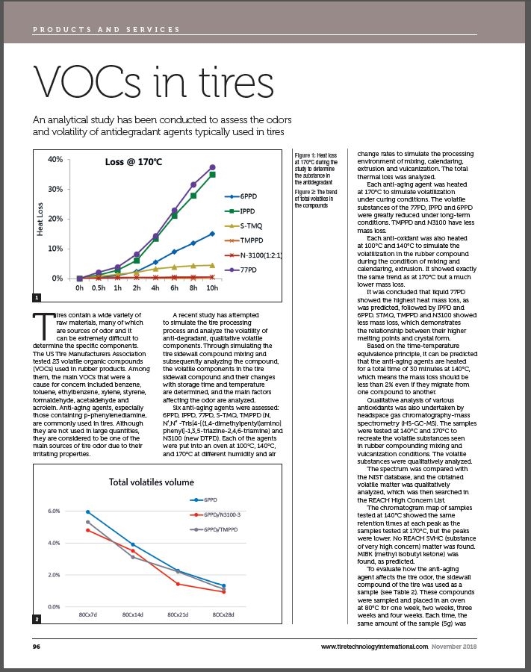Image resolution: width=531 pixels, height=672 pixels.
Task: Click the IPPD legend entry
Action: (246, 211)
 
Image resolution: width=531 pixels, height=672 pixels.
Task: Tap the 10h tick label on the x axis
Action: (213, 287)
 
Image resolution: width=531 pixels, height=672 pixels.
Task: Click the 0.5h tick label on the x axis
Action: (99, 287)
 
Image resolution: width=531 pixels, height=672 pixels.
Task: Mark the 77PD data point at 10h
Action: (213, 167)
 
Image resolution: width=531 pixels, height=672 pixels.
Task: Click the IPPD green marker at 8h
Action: (193, 196)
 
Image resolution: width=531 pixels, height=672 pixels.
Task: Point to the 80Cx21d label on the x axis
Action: (177, 615)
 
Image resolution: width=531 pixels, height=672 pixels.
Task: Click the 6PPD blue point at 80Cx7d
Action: (87, 511)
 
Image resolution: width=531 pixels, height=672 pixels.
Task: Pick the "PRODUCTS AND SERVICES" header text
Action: (106, 30)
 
